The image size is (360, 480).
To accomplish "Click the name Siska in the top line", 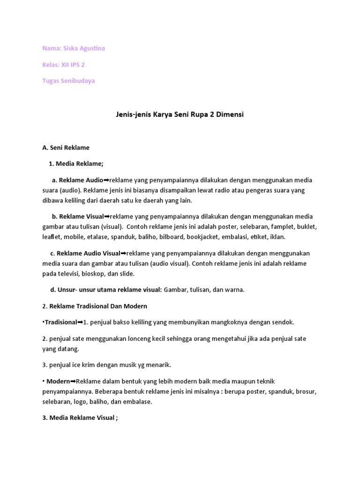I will tap(72, 48).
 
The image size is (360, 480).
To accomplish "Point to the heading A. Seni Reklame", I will tap(66, 147).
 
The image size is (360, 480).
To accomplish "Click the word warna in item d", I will tap(234, 290).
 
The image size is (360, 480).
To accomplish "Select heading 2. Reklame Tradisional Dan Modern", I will tap(95, 306).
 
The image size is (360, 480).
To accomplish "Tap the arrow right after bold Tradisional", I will tap(80, 322).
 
